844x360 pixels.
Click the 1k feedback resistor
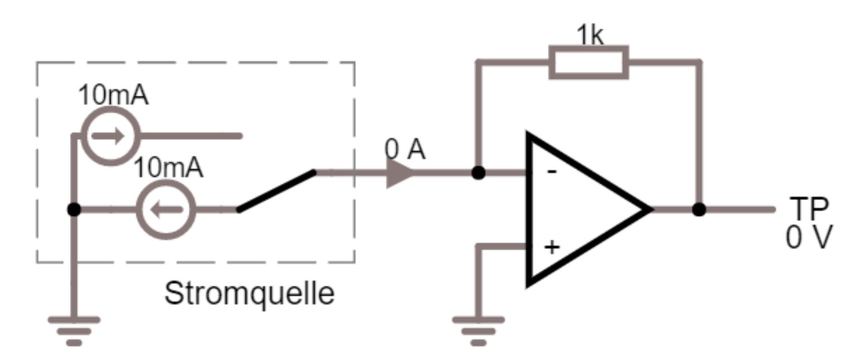click(x=589, y=61)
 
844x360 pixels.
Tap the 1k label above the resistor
click(x=590, y=36)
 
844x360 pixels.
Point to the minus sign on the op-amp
click(x=551, y=172)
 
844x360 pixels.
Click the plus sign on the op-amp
click(x=552, y=247)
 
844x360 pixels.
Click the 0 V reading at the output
click(x=809, y=237)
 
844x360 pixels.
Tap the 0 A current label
click(x=405, y=150)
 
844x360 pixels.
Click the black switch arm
click(x=276, y=191)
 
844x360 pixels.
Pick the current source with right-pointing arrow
click(x=111, y=136)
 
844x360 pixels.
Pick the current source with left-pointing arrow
click(x=167, y=210)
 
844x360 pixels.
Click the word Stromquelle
click(x=249, y=293)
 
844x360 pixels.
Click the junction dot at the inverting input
click(x=478, y=173)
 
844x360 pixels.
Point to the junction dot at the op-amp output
click(x=699, y=210)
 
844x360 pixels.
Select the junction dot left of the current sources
click(x=74, y=210)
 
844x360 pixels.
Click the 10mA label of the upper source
click(x=113, y=96)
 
